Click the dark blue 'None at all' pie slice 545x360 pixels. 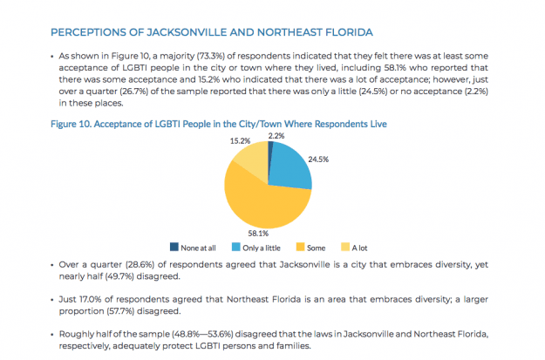tap(270, 152)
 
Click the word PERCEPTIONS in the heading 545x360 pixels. tap(91, 32)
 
